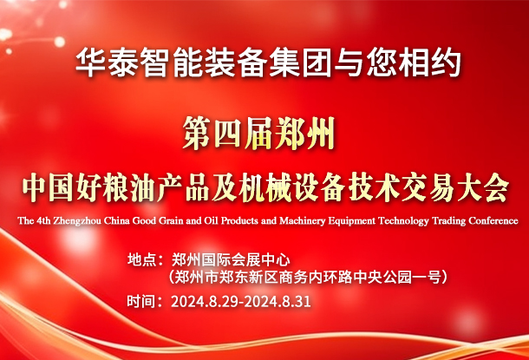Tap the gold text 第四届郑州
pos(258,134)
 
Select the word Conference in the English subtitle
pos(493,221)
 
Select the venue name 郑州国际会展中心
pos(231,260)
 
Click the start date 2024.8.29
pos(205,302)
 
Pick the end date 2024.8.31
pos(278,302)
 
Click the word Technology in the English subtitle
pos(403,221)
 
